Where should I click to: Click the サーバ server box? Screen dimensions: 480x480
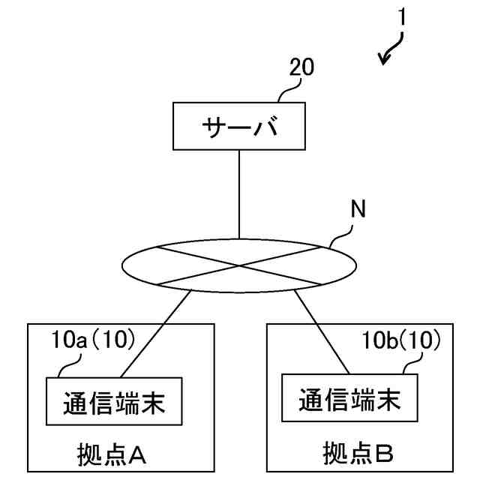[239, 127]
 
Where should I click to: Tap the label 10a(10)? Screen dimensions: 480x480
[93, 340]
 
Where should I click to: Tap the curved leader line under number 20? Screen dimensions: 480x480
[286, 91]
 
